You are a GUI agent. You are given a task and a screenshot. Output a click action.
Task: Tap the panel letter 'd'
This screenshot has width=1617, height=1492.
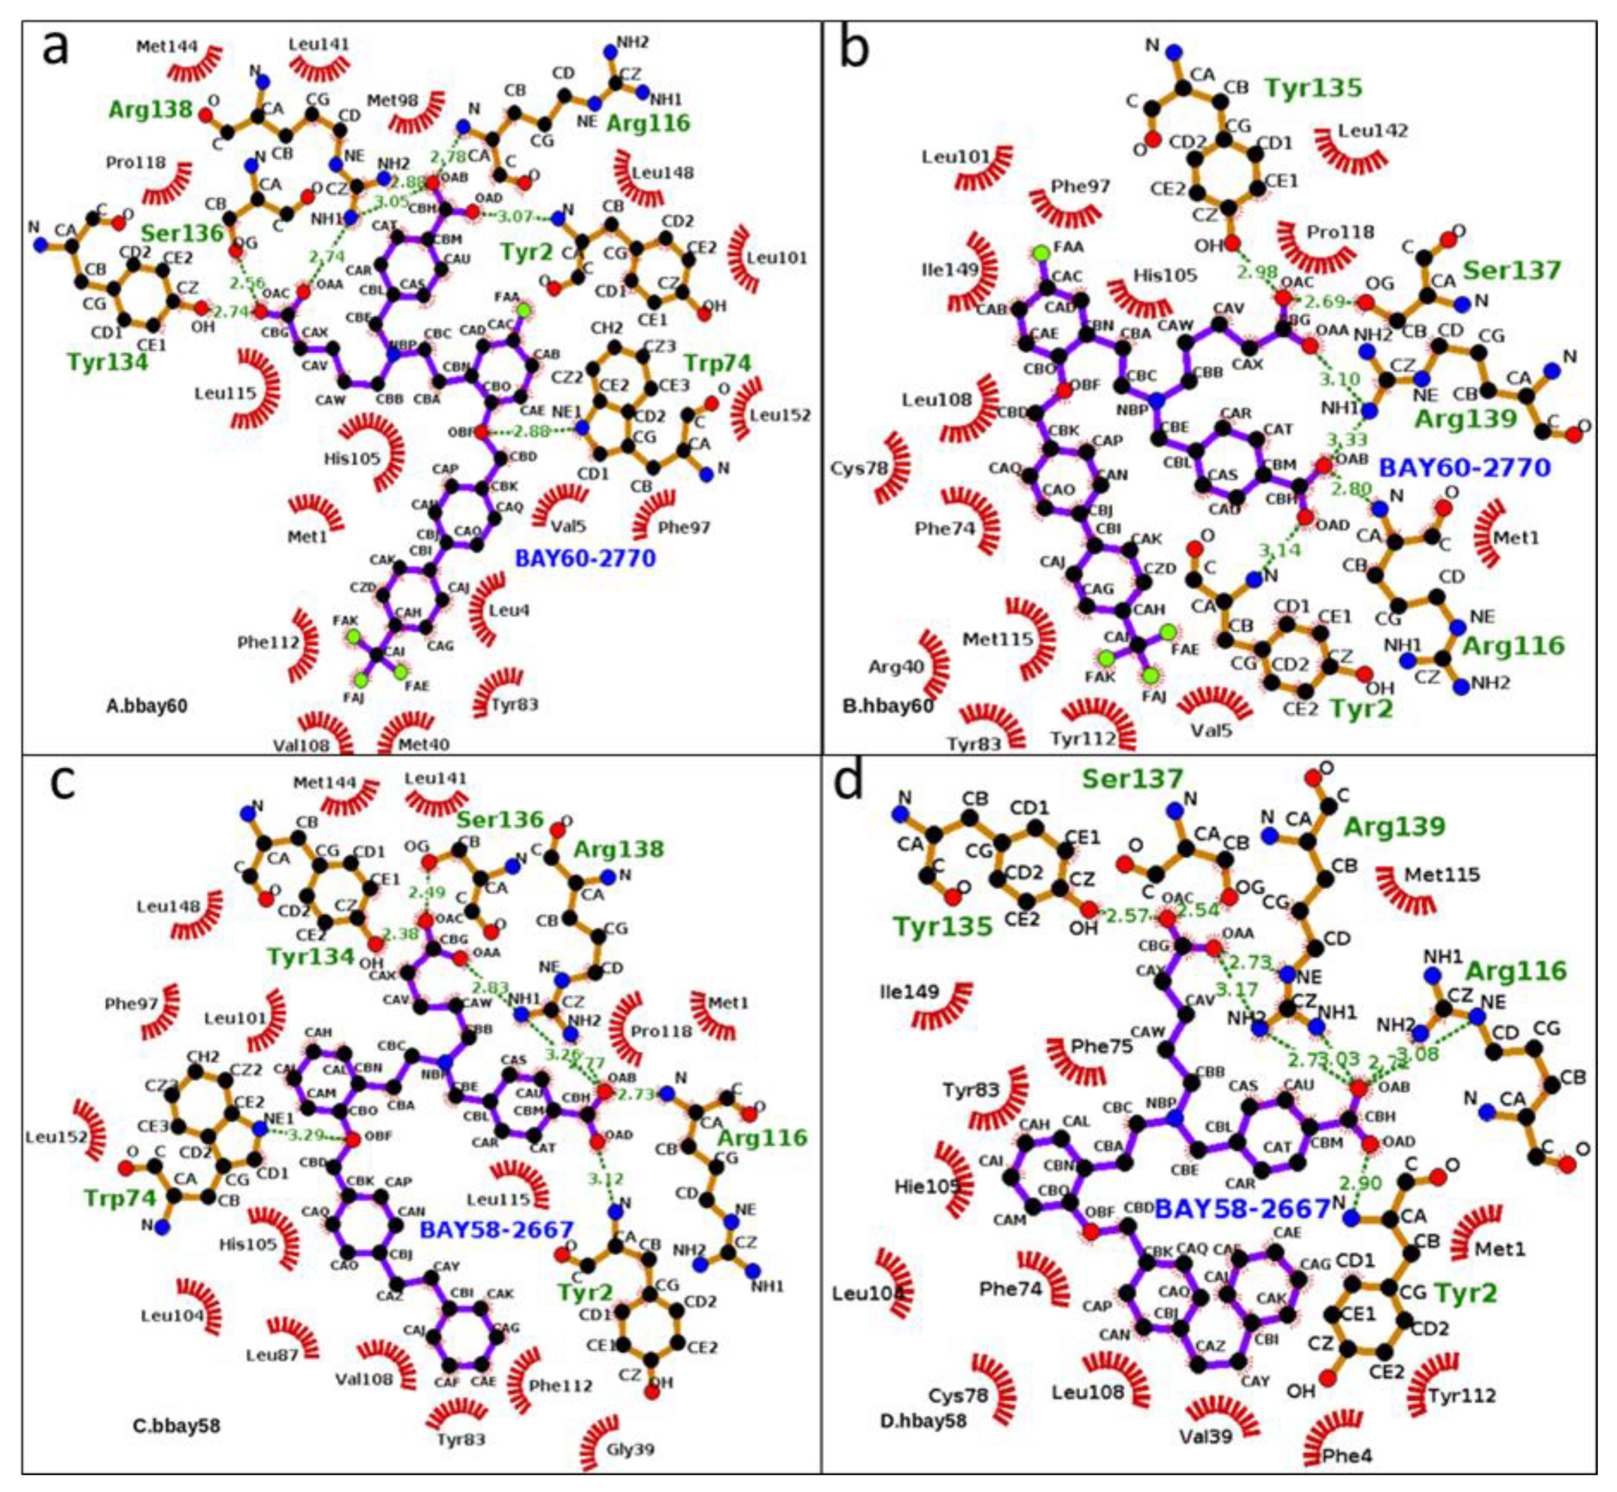coord(849,782)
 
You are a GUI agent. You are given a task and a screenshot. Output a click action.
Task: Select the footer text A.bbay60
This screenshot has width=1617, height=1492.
coord(147,706)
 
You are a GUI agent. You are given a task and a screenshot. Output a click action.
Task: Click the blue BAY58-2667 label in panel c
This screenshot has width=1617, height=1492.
coord(496,1230)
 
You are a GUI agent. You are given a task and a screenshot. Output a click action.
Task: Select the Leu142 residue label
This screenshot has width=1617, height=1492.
coord(1373,130)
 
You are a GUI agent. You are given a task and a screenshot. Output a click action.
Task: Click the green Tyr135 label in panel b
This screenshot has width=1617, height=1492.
coord(1314,87)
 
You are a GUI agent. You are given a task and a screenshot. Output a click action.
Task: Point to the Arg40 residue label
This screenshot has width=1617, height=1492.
coord(896,667)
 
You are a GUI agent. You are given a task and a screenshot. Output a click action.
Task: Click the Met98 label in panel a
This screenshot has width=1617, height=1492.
coord(393,100)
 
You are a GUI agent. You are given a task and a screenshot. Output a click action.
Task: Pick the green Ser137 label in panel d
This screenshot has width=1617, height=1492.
coord(1132,779)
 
